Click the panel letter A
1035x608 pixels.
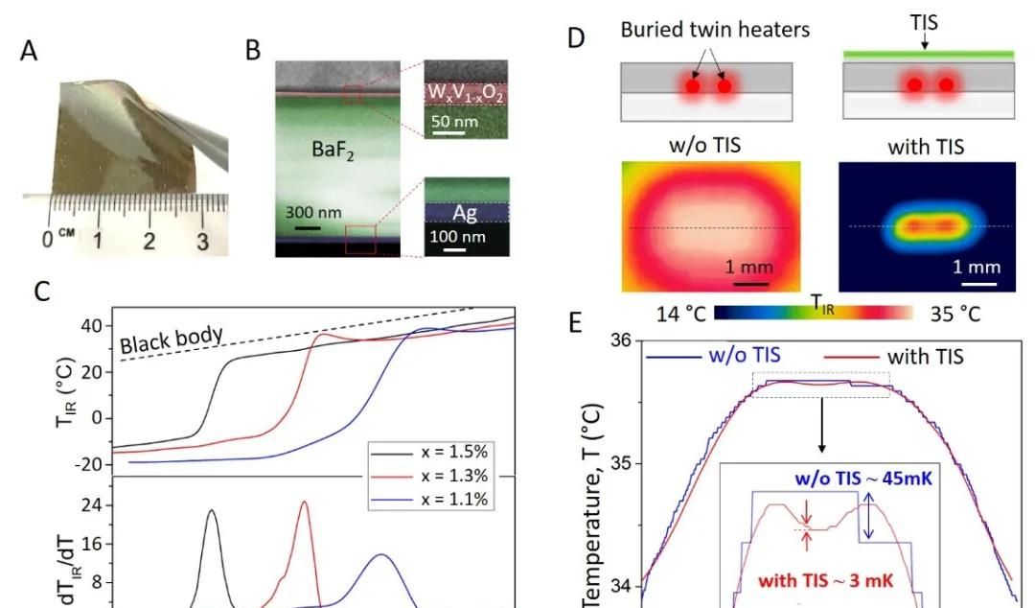[31, 50]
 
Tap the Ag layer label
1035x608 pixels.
[465, 214]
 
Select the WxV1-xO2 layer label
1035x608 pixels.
[467, 92]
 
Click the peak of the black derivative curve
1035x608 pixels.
[211, 511]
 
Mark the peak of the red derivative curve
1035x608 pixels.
[304, 502]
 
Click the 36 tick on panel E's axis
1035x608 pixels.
[624, 340]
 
